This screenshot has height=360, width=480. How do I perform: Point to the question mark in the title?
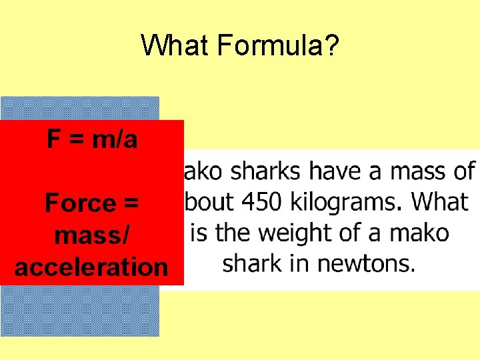[x=333, y=46]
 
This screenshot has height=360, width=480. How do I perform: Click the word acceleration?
[x=91, y=267]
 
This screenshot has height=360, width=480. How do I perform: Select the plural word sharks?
[x=261, y=171]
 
